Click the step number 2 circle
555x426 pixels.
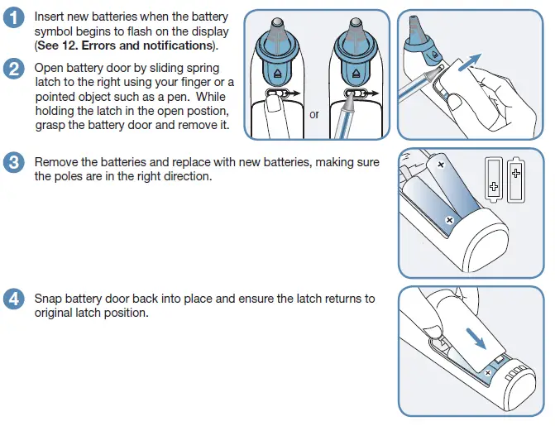[13, 69]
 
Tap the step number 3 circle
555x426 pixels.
[13, 162]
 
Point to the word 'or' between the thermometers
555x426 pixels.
[314, 114]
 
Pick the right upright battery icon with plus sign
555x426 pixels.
[517, 176]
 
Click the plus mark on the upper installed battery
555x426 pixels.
[440, 165]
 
